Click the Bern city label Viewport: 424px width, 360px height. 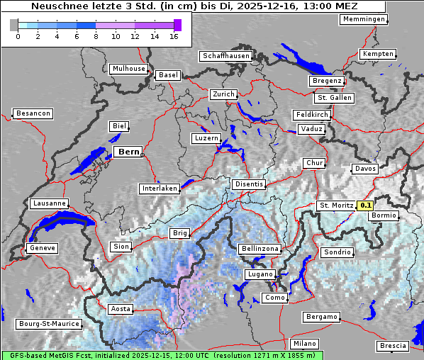(128, 152)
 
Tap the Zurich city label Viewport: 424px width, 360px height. (223, 94)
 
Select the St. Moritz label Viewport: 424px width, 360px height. (336, 206)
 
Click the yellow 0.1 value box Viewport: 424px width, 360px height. (366, 206)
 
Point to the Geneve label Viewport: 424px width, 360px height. (41, 249)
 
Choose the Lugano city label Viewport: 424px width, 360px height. (259, 274)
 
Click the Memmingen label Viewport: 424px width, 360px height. (364, 19)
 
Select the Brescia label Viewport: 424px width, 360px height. (394, 346)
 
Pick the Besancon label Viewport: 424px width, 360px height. (33, 113)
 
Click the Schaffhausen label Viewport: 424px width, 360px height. (226, 55)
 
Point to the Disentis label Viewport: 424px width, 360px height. (248, 184)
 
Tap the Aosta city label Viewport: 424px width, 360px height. (120, 309)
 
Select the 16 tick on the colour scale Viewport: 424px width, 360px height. (173, 36)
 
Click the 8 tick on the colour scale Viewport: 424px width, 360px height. (96, 36)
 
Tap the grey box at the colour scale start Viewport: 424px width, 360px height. (13, 25)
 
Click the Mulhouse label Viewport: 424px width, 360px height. (128, 69)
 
